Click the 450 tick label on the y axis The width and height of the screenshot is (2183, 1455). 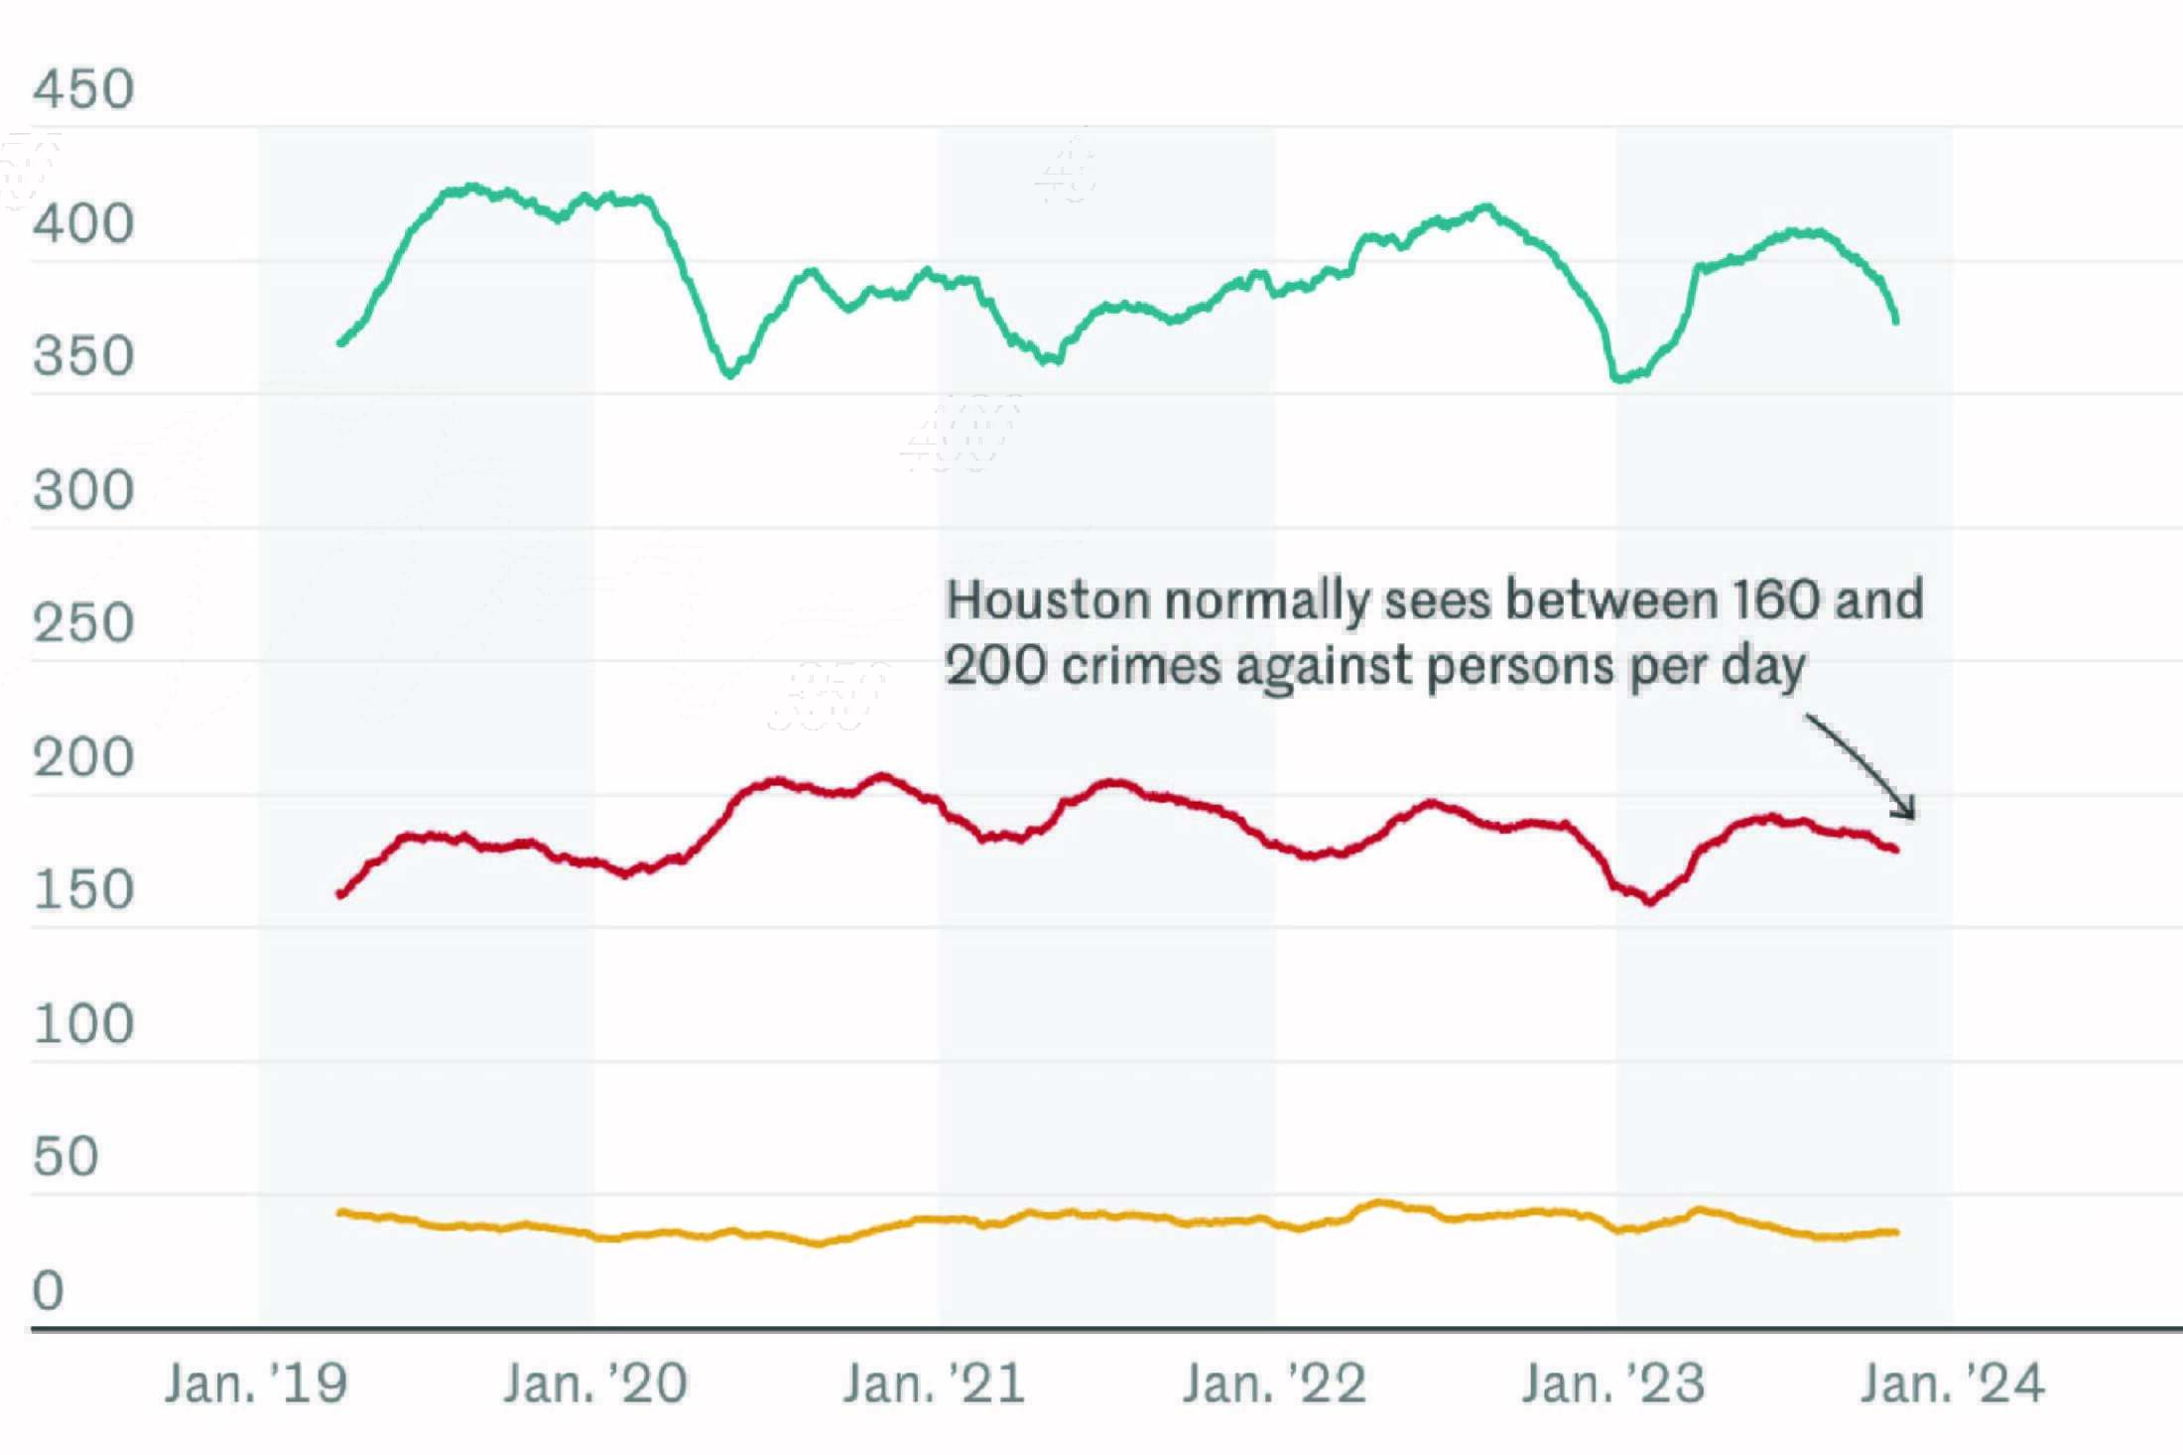(83, 89)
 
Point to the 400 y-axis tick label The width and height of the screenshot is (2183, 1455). (83, 223)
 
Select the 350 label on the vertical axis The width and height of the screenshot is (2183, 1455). (83, 356)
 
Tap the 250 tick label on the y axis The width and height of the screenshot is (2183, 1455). (83, 623)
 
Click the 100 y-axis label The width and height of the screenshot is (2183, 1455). (83, 1023)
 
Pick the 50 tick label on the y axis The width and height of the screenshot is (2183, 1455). (65, 1156)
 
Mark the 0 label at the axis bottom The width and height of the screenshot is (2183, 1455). (48, 1290)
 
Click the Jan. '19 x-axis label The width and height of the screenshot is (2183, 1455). (256, 1384)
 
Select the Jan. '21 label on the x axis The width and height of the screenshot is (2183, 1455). (934, 1384)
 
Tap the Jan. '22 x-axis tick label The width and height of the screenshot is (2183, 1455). (1274, 1384)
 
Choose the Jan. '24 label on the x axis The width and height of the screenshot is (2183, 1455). (1952, 1384)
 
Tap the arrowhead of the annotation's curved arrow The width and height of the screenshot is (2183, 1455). (1907, 812)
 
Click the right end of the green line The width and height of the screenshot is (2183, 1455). (1896, 320)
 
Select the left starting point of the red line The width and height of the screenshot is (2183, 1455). (341, 894)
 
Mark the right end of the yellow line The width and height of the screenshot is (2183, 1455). (1896, 1232)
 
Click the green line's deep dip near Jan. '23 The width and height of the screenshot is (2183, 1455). (1621, 377)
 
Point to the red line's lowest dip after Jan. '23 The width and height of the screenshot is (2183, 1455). (1649, 901)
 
